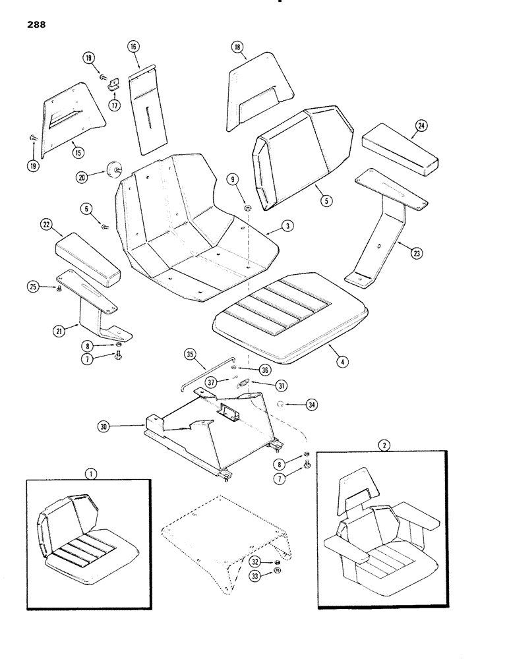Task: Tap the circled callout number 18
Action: pyautogui.click(x=238, y=47)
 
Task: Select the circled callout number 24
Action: pyautogui.click(x=421, y=125)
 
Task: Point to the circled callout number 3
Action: pyautogui.click(x=287, y=225)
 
